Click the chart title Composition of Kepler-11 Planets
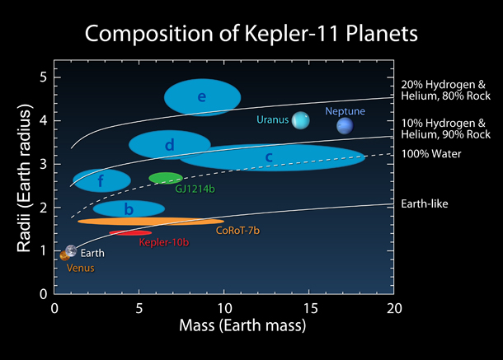click(x=251, y=35)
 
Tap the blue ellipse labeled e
click(x=202, y=98)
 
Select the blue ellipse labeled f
click(x=101, y=180)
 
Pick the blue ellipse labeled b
click(x=129, y=209)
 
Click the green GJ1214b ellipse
click(x=166, y=178)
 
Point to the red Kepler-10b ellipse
click(x=130, y=233)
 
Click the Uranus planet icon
click(x=301, y=121)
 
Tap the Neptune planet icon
click(x=345, y=125)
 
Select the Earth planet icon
click(x=72, y=250)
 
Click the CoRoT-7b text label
click(x=239, y=231)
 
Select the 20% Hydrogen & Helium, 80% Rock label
click(x=445, y=90)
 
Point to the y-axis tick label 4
click(x=43, y=120)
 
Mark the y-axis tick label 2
click(x=43, y=208)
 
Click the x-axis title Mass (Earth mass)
click(x=225, y=326)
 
